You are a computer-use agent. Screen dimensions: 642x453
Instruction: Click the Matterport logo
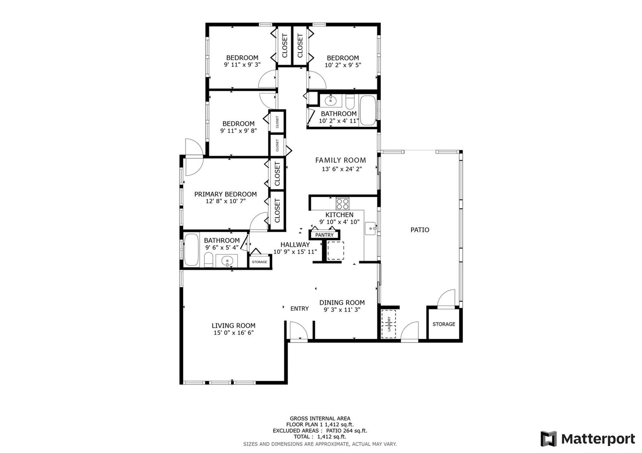pos(588,439)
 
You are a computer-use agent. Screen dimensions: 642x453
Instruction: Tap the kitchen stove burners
pos(343,204)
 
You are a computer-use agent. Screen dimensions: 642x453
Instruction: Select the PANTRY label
pos(325,235)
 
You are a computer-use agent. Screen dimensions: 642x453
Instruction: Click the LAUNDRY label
pos(389,324)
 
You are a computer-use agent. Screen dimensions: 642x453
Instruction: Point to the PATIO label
pos(420,230)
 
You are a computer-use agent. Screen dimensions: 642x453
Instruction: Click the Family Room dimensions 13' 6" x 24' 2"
pos(342,169)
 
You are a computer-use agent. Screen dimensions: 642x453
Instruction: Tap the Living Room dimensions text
pos(234,333)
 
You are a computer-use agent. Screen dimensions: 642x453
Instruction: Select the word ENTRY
pos(299,308)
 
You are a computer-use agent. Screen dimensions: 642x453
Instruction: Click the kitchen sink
pos(371,229)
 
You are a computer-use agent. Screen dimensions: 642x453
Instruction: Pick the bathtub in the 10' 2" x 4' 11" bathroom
pos(368,110)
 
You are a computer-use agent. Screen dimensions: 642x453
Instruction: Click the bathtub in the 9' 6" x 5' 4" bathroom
pos(191,250)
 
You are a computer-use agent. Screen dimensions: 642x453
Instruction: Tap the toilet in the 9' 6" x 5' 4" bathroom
pos(208,259)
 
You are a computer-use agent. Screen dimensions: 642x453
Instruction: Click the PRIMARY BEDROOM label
pos(226,194)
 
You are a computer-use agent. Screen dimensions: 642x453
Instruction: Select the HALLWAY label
pos(295,245)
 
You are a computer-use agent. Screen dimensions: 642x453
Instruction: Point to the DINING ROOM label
pos(342,302)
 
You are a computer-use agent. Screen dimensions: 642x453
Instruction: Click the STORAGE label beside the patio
pos(444,324)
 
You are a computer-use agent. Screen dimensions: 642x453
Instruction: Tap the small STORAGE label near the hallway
pos(259,262)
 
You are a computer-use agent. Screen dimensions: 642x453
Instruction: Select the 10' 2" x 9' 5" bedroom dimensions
pos(343,65)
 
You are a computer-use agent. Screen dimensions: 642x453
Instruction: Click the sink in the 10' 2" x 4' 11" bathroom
pos(331,101)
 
